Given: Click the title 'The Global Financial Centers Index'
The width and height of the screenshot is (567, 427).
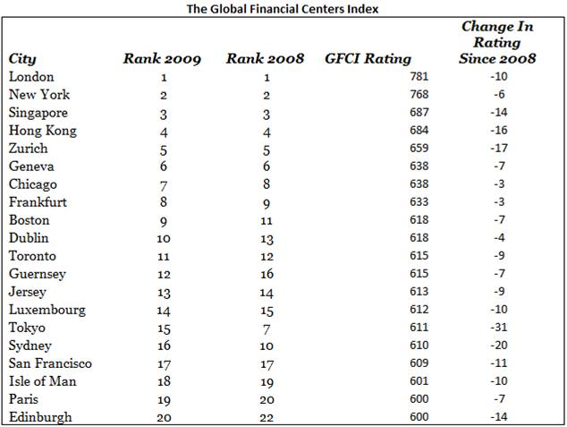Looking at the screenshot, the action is pos(283,9).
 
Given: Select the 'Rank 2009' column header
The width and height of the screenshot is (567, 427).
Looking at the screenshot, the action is pos(162,58).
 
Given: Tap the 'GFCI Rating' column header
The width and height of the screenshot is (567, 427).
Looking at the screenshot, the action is pos(368,59).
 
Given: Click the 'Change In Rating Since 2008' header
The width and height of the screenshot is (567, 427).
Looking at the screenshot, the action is pos(497,42).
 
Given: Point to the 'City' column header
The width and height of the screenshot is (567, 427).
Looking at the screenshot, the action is pos(22,59).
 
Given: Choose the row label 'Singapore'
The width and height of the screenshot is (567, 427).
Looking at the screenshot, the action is pos(38,113).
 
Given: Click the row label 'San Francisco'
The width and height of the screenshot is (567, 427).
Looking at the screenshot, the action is pos(50,363).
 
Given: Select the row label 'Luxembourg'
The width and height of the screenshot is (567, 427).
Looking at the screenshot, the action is pos(47,310).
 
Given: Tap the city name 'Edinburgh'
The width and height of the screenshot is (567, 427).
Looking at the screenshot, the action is pos(40,417).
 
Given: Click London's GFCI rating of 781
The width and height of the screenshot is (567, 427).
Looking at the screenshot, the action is pos(419,76).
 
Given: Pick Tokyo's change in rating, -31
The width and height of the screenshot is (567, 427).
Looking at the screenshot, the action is pos(499,327).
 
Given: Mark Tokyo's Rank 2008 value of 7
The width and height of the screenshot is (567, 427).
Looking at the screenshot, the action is pos(267,329).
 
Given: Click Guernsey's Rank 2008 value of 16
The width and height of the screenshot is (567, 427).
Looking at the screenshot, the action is pos(267,274).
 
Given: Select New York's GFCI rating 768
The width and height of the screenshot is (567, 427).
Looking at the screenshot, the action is pos(419,95).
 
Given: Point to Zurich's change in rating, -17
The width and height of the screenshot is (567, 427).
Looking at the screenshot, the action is pos(499,148).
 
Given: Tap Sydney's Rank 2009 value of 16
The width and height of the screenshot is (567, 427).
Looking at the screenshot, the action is pos(164,346).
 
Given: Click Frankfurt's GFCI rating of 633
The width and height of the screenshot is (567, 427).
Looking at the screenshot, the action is pos(419,201).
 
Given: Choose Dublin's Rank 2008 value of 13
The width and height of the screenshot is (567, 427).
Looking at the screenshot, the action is pos(267,239).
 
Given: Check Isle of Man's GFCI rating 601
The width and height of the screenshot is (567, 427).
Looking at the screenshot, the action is pos(419,380).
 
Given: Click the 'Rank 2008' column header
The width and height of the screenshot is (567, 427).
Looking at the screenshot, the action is pos(265,58).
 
